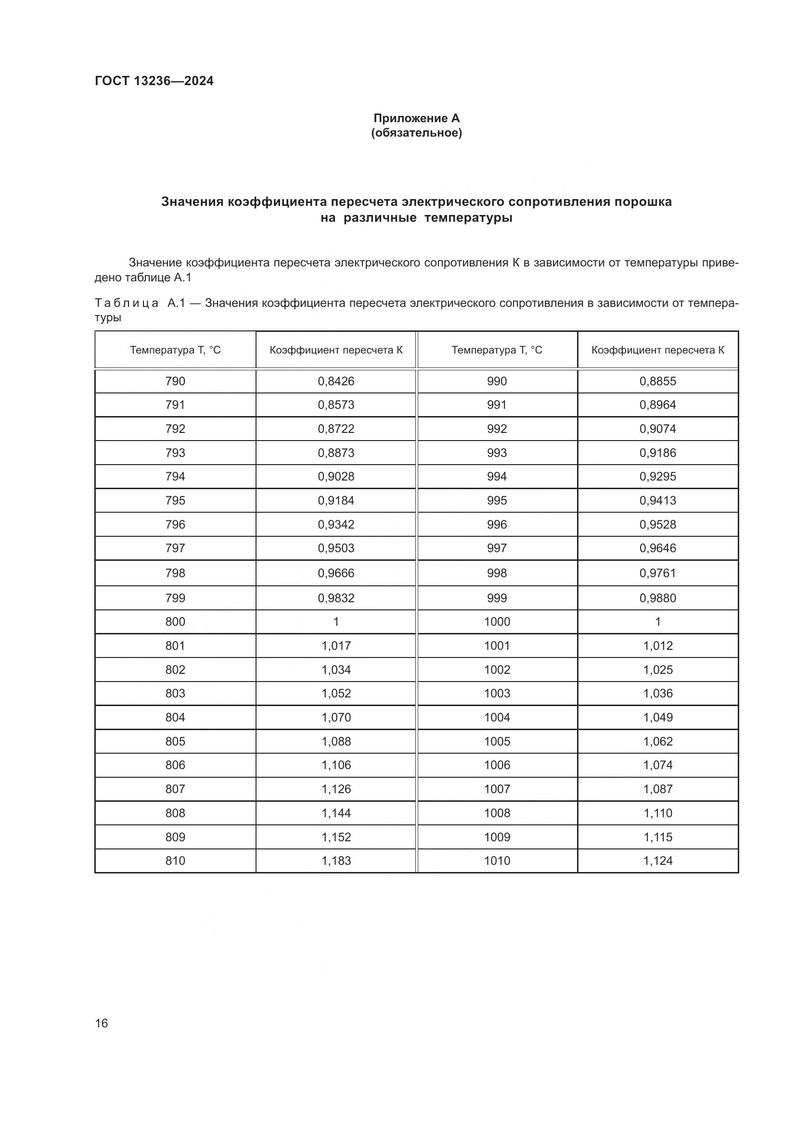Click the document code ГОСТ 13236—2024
pos(154,81)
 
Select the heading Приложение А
pos(416,118)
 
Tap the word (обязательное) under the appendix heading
pos(416,133)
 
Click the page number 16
pos(102,1023)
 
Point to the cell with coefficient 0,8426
pos(336,381)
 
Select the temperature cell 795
pos(175,500)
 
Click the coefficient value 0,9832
pos(336,598)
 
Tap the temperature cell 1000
pos(497,622)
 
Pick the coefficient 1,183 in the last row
pos(336,861)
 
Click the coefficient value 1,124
pos(658,861)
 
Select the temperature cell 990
pos(497,381)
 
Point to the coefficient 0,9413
pos(658,500)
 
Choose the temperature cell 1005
pos(497,741)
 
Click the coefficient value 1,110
pos(658,813)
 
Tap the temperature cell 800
pos(175,622)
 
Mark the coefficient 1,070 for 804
pos(336,717)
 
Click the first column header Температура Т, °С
pos(175,350)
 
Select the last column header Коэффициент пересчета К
pos(658,350)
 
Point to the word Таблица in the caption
pos(127,303)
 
